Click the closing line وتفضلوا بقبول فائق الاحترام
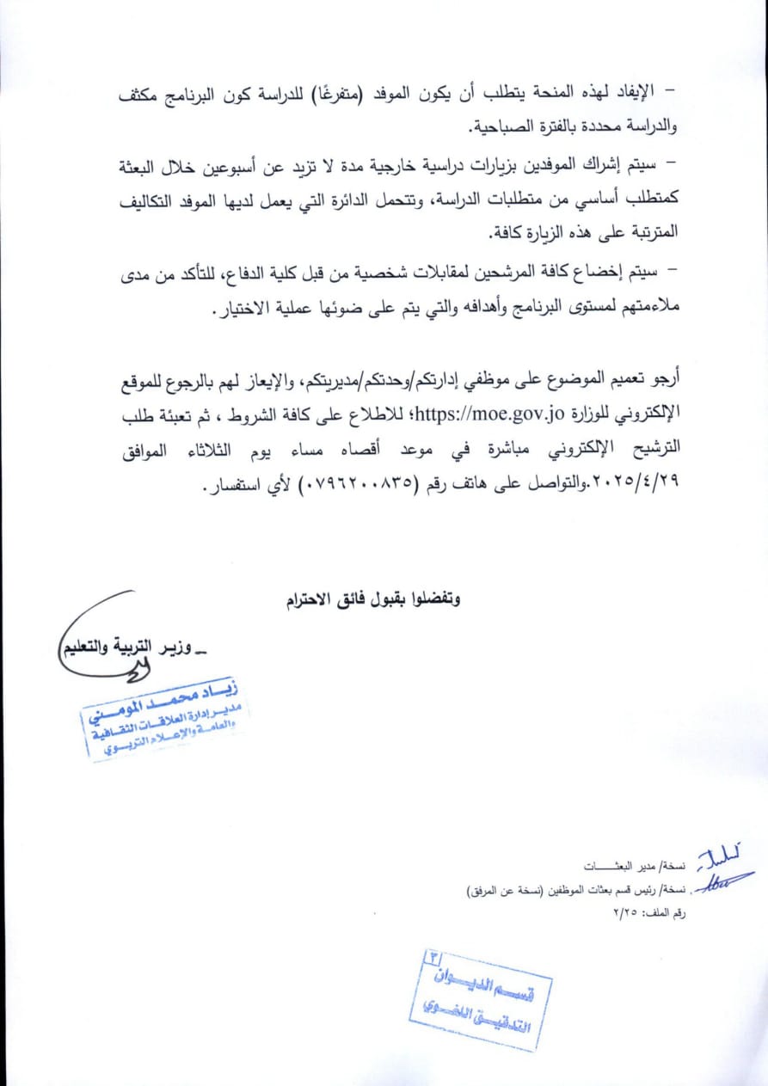(x=373, y=599)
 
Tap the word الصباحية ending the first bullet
(x=510, y=127)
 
